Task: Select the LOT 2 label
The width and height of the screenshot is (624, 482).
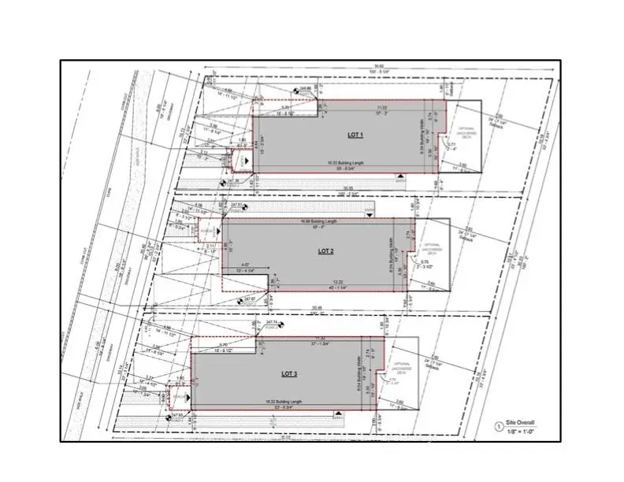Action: point(326,250)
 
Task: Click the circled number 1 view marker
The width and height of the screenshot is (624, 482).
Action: point(497,426)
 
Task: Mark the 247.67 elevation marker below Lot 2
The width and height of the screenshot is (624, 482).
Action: point(250,299)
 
